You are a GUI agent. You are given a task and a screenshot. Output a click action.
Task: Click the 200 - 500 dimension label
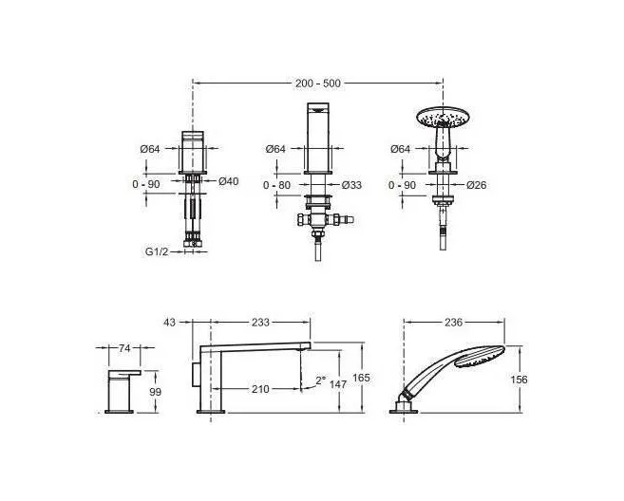(317, 83)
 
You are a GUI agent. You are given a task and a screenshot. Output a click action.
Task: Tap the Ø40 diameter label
(229, 181)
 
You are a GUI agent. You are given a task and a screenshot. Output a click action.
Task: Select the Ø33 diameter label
(351, 185)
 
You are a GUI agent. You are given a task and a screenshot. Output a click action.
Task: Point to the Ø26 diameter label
(477, 185)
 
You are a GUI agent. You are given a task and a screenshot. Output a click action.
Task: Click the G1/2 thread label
(157, 251)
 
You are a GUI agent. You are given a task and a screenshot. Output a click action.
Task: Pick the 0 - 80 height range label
(276, 185)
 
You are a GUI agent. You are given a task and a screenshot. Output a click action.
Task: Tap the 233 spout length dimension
(260, 322)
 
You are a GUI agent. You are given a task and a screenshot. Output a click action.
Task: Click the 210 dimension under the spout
(260, 389)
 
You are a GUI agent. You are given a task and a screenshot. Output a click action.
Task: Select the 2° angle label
(320, 380)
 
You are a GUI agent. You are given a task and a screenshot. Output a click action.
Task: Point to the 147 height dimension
(338, 384)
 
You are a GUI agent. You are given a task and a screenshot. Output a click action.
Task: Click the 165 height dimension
(361, 378)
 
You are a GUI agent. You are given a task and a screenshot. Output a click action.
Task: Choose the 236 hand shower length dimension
(453, 322)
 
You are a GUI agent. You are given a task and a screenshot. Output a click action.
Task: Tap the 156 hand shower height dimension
(519, 380)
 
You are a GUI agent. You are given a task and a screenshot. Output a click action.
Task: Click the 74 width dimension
(124, 348)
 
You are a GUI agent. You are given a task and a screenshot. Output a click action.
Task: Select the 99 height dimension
(155, 392)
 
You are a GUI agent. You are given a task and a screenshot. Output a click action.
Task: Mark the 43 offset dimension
(169, 322)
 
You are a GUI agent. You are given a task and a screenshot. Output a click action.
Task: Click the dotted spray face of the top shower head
(443, 116)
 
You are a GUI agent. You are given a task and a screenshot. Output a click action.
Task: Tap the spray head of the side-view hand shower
(479, 357)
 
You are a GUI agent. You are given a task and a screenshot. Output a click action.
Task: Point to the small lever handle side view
(123, 392)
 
